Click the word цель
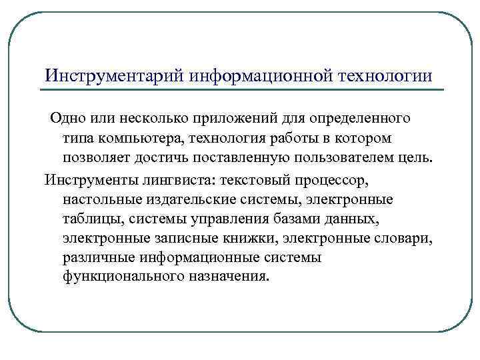[418, 158]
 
